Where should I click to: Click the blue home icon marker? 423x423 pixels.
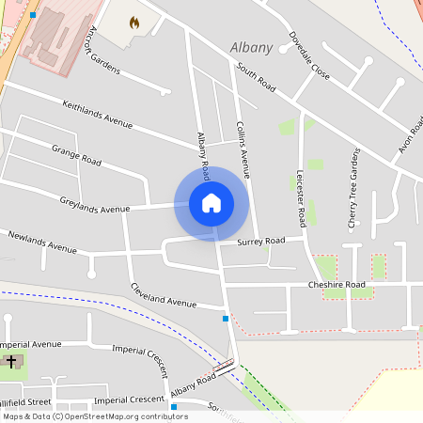211,202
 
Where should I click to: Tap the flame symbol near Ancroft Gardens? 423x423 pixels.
134,22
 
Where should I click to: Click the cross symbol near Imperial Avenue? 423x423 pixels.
11,361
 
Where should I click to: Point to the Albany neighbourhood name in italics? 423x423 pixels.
251,48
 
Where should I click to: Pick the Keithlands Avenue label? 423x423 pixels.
98,115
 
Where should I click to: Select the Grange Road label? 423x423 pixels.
77,155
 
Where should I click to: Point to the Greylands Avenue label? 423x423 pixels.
94,204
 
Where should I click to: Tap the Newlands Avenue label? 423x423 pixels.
42,242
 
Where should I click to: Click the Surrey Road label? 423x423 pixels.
260,242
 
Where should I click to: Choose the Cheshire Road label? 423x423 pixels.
336,284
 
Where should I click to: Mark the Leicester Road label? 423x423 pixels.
301,197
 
